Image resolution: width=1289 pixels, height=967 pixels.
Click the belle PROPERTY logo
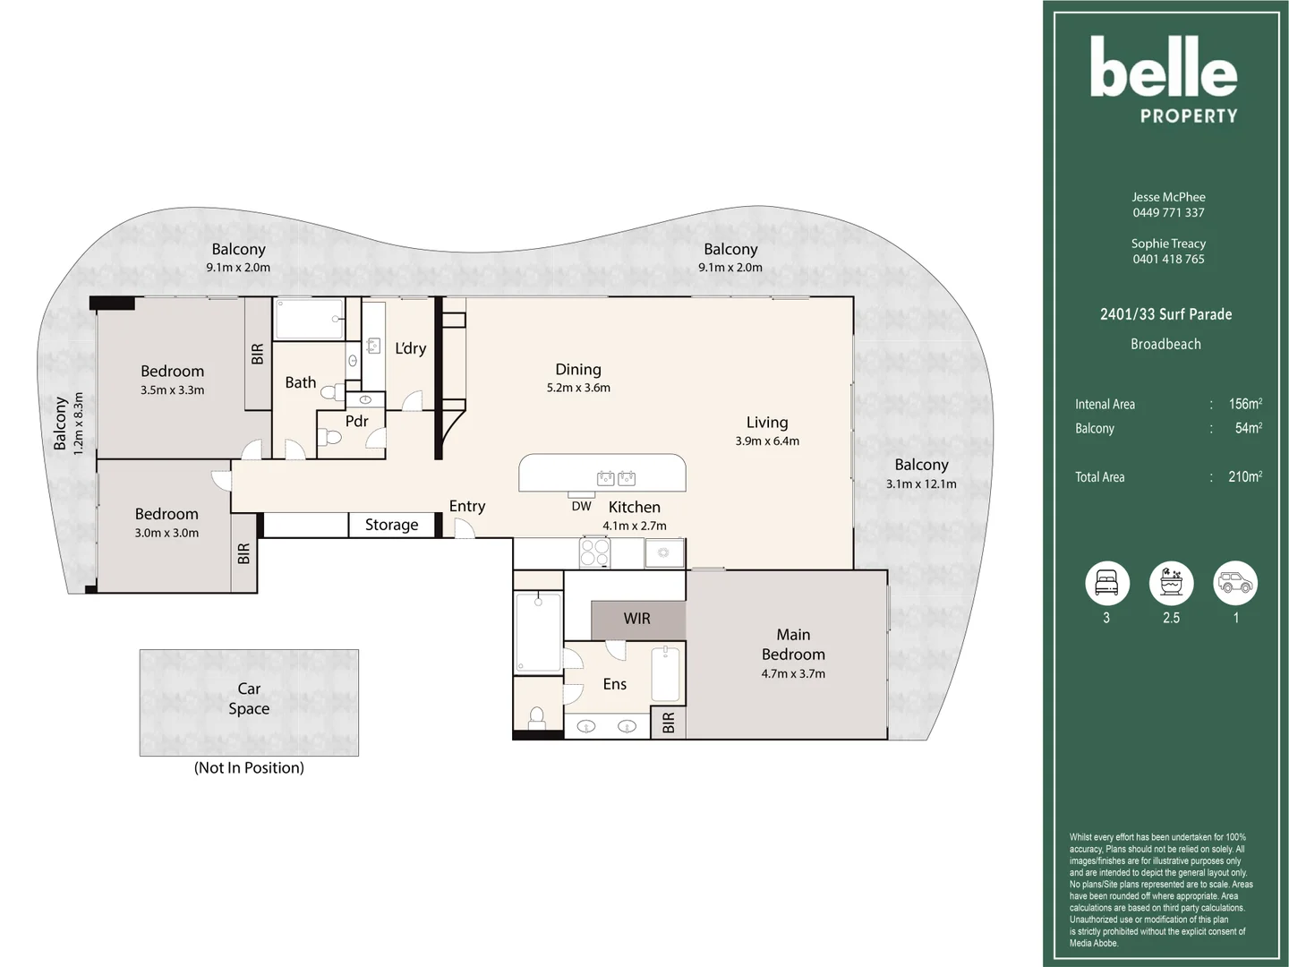click(x=1164, y=80)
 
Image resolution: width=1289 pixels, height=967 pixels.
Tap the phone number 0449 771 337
click(x=1169, y=212)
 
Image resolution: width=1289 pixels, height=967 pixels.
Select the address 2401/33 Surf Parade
click(x=1166, y=314)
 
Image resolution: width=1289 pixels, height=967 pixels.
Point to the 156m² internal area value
click(x=1245, y=404)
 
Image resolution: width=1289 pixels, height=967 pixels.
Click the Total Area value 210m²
click(x=1245, y=476)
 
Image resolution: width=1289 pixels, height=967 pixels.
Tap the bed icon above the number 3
click(x=1107, y=583)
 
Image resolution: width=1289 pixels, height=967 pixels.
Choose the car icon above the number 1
click(x=1235, y=583)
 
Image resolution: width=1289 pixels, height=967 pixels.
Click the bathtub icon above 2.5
click(x=1171, y=583)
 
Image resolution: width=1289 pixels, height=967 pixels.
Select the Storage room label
click(x=392, y=525)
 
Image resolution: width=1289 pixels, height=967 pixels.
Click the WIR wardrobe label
click(x=637, y=618)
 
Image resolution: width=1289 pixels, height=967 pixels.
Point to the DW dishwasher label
click(x=581, y=506)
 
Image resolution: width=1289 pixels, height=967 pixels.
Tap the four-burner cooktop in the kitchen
click(x=594, y=552)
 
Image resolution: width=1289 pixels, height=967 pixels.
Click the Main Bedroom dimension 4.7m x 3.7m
click(x=793, y=673)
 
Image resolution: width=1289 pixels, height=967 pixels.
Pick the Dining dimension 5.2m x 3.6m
click(x=578, y=388)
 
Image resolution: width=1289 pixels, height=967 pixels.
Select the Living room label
click(x=767, y=423)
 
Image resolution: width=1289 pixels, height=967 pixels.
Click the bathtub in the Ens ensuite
click(x=665, y=674)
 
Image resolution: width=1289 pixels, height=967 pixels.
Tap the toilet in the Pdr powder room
click(x=330, y=437)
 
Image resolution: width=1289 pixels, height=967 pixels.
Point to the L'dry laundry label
click(x=411, y=348)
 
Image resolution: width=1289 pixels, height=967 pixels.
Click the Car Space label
click(x=249, y=698)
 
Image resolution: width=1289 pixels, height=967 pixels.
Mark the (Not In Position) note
click(x=249, y=768)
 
